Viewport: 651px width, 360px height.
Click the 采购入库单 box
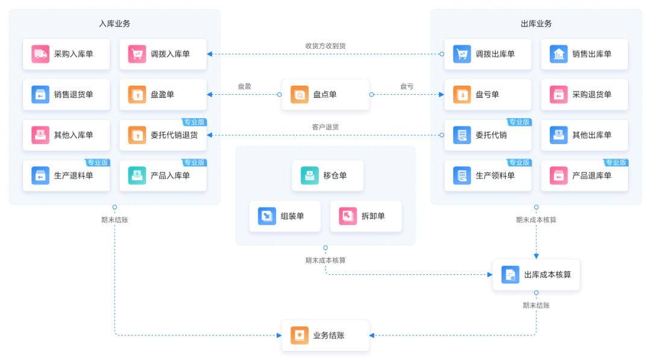click(66, 54)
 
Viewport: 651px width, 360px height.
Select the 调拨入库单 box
click(163, 54)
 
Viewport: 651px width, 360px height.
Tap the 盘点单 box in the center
click(325, 95)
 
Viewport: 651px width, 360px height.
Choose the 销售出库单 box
click(584, 54)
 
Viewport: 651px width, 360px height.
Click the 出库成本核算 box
click(536, 275)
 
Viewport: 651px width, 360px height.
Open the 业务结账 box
click(325, 335)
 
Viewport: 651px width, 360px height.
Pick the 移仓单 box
click(327, 175)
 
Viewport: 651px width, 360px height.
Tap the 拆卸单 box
click(365, 216)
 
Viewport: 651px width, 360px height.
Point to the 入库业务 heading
click(115, 24)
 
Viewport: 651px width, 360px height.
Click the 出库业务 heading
click(536, 24)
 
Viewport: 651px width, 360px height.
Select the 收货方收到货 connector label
click(325, 46)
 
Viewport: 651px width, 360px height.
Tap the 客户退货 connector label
click(325, 127)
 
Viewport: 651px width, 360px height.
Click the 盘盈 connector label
click(245, 86)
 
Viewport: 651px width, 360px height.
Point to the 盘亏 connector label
click(407, 86)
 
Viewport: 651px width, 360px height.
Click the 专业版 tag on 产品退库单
click(616, 162)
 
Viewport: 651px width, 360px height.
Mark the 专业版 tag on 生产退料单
click(98, 162)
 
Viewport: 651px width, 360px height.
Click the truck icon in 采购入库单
click(40, 54)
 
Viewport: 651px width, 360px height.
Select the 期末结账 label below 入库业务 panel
click(115, 219)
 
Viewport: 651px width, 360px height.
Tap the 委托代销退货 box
click(163, 135)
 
